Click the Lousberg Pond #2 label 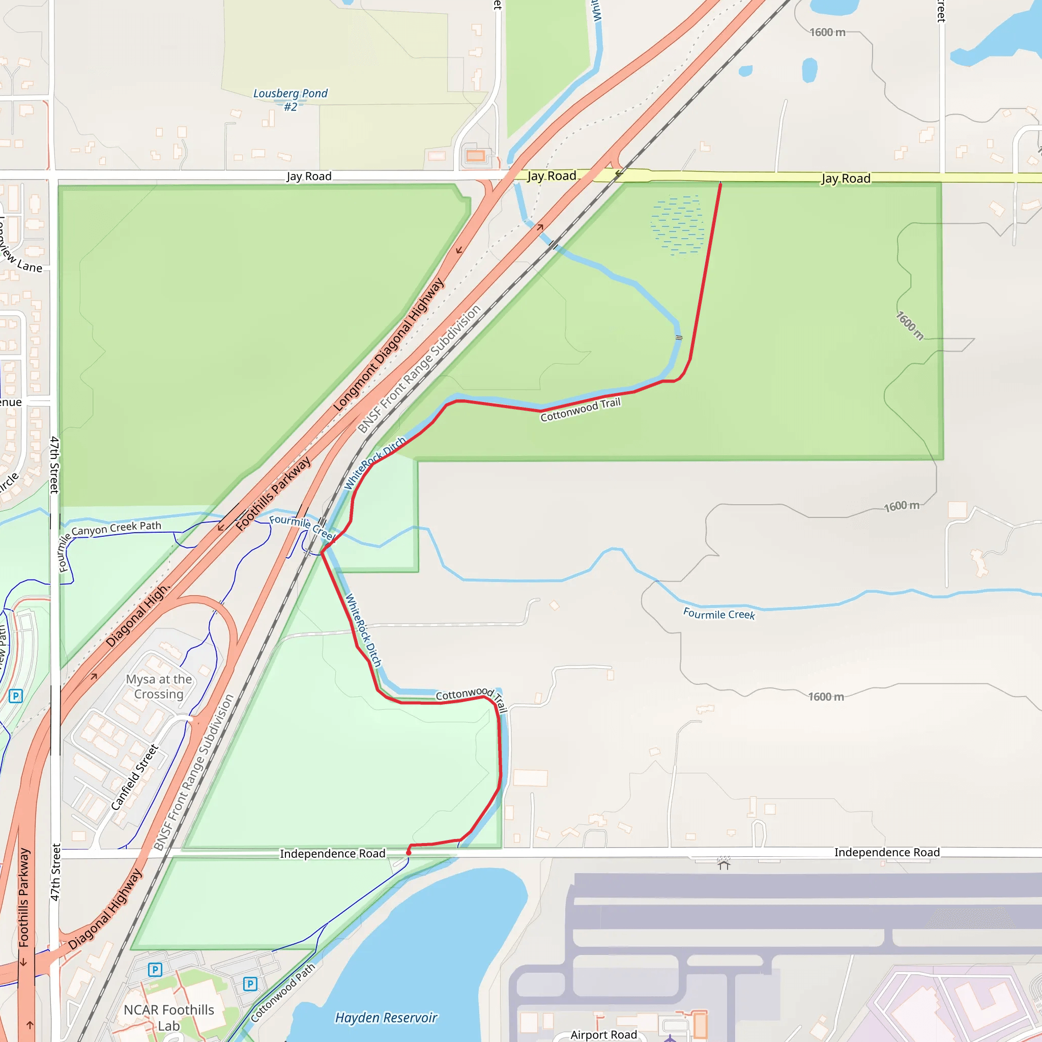coord(290,100)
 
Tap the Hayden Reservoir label coord(386,1017)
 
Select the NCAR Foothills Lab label coord(169,1018)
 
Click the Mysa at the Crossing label coord(159,686)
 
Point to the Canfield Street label coord(135,777)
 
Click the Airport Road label coord(603,1034)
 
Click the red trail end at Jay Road coord(720,185)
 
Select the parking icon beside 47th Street coord(16,696)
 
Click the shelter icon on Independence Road coord(724,864)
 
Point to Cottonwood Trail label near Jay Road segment coord(581,410)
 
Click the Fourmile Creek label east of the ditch coord(719,614)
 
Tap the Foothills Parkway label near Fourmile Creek coord(273,494)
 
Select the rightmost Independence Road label coord(887,852)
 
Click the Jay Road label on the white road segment coord(308,177)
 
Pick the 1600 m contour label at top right coord(827,33)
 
